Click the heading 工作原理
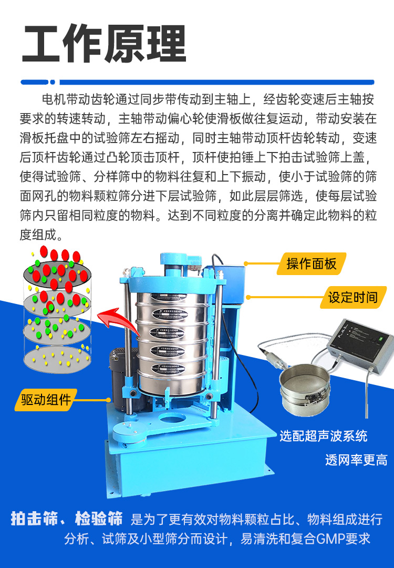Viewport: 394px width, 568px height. pos(104,44)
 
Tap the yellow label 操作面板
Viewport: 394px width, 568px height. pos(312,263)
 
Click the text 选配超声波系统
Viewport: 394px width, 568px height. pos(324,435)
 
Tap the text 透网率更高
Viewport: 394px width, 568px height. pos(356,460)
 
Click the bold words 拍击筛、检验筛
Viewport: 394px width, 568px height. pos(67,519)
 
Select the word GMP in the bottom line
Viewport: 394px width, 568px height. pos(330,539)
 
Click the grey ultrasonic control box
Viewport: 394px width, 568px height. pos(359,347)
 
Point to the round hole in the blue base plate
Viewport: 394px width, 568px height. pos(172,419)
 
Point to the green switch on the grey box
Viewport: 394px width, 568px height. pos(380,339)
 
